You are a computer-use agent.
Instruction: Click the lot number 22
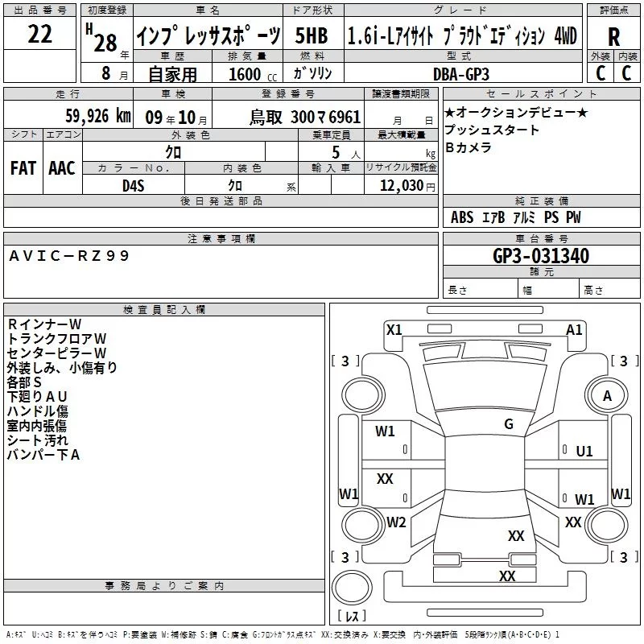point(39,35)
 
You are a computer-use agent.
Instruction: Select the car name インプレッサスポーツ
point(207,37)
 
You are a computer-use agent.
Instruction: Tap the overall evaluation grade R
point(613,37)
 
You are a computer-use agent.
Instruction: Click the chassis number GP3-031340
point(540,257)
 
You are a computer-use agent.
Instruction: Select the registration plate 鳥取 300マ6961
point(304,118)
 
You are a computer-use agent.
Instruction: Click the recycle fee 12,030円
point(402,185)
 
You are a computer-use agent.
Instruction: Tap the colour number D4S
point(133,185)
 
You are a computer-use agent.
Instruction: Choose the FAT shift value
point(23,167)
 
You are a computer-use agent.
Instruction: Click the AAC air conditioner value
point(62,167)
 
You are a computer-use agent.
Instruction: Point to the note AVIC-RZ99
point(68,255)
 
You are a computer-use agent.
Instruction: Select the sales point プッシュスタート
point(492,130)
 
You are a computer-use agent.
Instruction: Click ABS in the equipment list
point(462,217)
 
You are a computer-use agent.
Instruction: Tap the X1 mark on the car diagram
point(394,329)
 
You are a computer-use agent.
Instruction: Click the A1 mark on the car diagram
point(575,329)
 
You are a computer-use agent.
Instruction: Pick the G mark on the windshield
point(509,424)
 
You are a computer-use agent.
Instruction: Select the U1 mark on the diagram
point(584,452)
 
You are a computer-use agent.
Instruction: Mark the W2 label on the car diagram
point(396,522)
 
